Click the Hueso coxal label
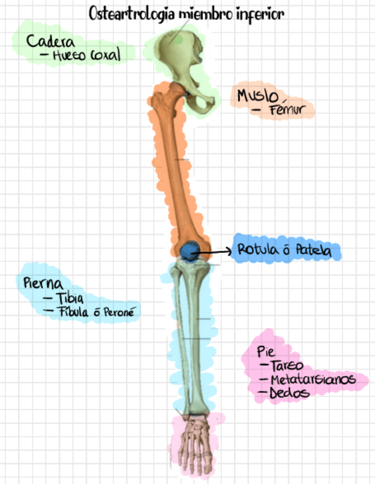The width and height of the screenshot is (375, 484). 86,56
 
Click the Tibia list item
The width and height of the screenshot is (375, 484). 71,298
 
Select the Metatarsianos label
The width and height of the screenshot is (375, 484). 313,380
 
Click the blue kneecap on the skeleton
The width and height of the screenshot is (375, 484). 188,249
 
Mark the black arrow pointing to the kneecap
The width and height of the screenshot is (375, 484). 214,250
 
